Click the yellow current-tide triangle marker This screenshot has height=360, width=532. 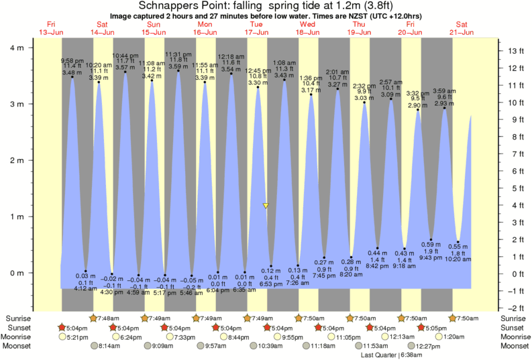pos(266,206)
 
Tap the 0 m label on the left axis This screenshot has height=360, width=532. pos(17,273)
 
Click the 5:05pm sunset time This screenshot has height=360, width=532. pos(432,328)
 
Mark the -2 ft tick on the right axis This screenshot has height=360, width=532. pos(515,308)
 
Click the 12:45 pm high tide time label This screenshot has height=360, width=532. pos(258,70)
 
